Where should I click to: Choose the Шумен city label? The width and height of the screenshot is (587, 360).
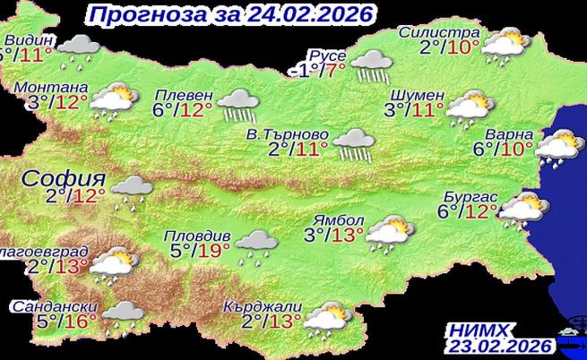[419, 95]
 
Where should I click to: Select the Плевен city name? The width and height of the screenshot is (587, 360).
[184, 95]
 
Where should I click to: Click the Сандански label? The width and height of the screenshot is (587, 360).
[50, 305]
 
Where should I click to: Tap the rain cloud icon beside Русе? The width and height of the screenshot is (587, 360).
[370, 64]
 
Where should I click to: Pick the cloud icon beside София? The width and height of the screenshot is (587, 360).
[132, 188]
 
